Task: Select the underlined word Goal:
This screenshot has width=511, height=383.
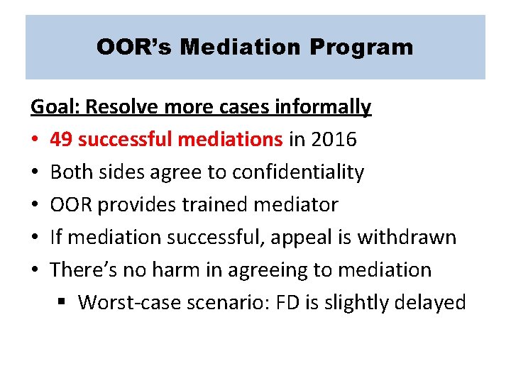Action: [55, 107]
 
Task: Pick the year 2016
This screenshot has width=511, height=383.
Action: [333, 140]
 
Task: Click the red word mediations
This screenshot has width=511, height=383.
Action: [230, 140]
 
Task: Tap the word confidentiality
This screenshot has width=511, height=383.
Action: [298, 172]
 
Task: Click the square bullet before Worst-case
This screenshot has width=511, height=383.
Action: [62, 304]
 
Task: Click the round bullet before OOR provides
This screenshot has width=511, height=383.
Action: [34, 206]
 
